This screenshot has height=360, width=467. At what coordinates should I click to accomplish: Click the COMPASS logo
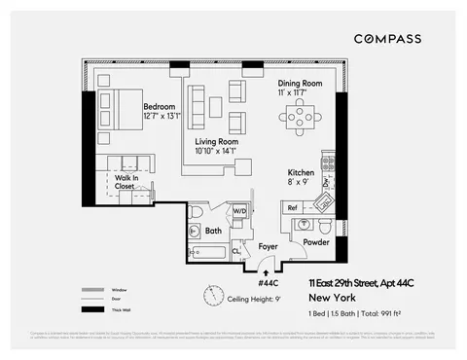(387, 39)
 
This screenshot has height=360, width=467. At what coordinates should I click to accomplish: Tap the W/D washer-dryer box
(239, 210)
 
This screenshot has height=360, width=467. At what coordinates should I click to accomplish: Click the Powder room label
(316, 241)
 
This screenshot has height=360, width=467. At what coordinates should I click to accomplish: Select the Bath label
(213, 232)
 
